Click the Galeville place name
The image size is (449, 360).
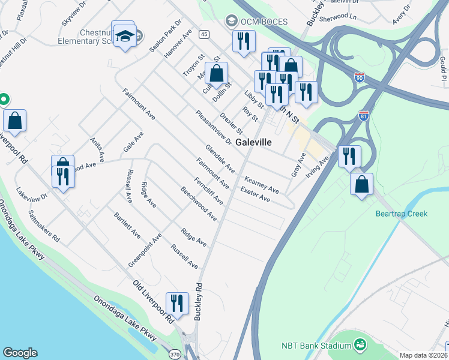254,143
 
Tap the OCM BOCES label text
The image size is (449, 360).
264,22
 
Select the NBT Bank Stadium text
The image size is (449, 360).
316,345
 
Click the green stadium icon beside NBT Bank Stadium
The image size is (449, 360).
360,344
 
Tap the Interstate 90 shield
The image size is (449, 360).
359,77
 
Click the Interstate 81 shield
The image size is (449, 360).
364,115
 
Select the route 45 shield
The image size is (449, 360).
204,34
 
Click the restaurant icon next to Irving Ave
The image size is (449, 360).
349,156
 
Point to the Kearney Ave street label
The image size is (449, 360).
262,184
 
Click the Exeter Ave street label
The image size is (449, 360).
255,194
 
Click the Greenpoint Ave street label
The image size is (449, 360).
145,251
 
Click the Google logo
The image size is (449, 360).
20,353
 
